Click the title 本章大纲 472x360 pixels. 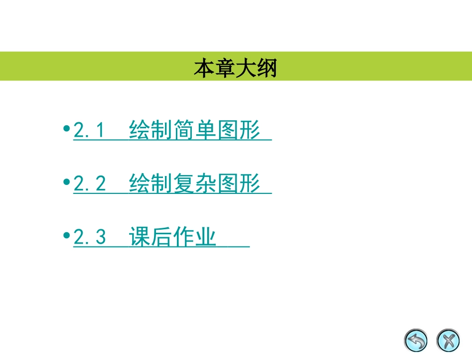click(x=235, y=68)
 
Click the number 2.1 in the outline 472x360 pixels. click(x=89, y=130)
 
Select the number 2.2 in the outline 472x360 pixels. click(x=89, y=184)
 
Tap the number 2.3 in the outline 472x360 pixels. click(x=89, y=237)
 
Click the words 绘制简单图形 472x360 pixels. click(x=195, y=130)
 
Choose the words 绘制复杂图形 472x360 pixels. click(x=195, y=184)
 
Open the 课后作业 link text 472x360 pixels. click(x=172, y=237)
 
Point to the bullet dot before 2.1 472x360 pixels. click(x=67, y=129)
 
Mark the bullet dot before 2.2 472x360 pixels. click(x=67, y=182)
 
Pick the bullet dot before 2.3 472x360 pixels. click(x=67, y=236)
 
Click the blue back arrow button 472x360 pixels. click(x=416, y=341)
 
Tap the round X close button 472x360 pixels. click(x=448, y=341)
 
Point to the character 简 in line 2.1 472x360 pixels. click(x=184, y=130)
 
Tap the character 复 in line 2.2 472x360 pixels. click(x=184, y=184)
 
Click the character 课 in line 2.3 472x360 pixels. click(x=140, y=237)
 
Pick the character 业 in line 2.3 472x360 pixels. click(x=206, y=237)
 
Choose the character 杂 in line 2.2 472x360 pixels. click(x=206, y=184)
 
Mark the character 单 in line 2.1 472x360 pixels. click(x=206, y=130)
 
